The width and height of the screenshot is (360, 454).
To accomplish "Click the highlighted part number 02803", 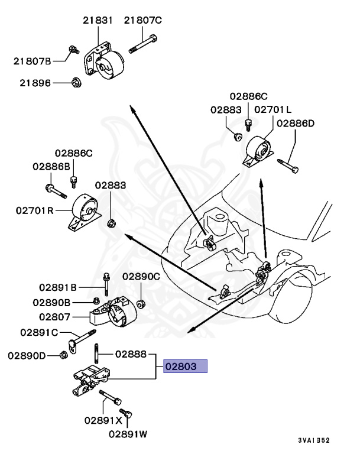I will [x=186, y=366].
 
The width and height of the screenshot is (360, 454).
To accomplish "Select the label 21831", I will [x=98, y=21].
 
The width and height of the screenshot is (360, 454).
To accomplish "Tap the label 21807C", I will [x=142, y=21].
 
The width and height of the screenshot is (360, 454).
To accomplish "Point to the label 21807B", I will [x=33, y=60].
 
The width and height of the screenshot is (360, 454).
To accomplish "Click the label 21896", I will [x=33, y=83].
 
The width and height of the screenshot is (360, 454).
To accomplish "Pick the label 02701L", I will [x=273, y=109].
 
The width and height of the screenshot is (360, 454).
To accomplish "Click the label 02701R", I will [x=35, y=210].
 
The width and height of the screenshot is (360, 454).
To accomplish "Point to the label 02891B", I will [x=59, y=288].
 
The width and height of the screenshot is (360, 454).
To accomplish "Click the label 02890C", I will [x=141, y=276].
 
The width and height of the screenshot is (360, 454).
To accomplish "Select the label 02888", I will [x=131, y=355].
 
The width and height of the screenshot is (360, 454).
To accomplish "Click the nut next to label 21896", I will [x=76, y=82].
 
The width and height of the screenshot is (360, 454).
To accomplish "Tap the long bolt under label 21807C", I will [x=142, y=43].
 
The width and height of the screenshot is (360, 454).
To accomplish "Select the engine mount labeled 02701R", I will [x=82, y=212].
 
